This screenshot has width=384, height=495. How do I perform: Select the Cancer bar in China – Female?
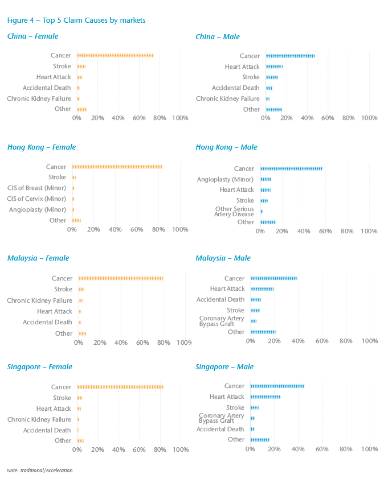click(x=115, y=56)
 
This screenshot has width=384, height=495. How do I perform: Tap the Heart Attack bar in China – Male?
click(x=274, y=67)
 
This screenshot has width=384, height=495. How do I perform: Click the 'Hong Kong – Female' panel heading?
click(x=42, y=147)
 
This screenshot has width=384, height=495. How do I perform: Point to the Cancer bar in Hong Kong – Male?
click(x=291, y=169)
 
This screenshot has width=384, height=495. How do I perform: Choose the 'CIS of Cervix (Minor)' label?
click(x=36, y=199)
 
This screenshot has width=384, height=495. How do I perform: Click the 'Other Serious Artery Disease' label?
click(x=234, y=212)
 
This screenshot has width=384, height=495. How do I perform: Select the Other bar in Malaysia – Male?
click(x=263, y=332)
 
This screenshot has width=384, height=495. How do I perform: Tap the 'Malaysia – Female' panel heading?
click(x=38, y=258)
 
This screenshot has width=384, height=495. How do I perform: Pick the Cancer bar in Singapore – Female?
click(x=120, y=387)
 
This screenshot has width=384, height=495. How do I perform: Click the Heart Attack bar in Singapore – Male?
click(x=265, y=397)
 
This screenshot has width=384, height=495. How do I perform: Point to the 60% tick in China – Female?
click(x=139, y=118)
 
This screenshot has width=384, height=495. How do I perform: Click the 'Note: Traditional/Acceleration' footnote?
click(x=40, y=471)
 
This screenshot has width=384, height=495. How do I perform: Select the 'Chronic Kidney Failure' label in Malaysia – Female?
click(x=39, y=300)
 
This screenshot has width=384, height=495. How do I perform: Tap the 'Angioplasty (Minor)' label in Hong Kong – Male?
click(x=225, y=180)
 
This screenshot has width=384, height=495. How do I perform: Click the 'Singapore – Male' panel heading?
click(x=224, y=367)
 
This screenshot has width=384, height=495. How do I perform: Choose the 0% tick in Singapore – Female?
click(x=77, y=450)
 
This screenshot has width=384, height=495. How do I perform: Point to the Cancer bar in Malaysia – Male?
click(x=274, y=278)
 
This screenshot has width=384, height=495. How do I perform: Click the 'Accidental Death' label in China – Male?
click(x=235, y=88)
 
